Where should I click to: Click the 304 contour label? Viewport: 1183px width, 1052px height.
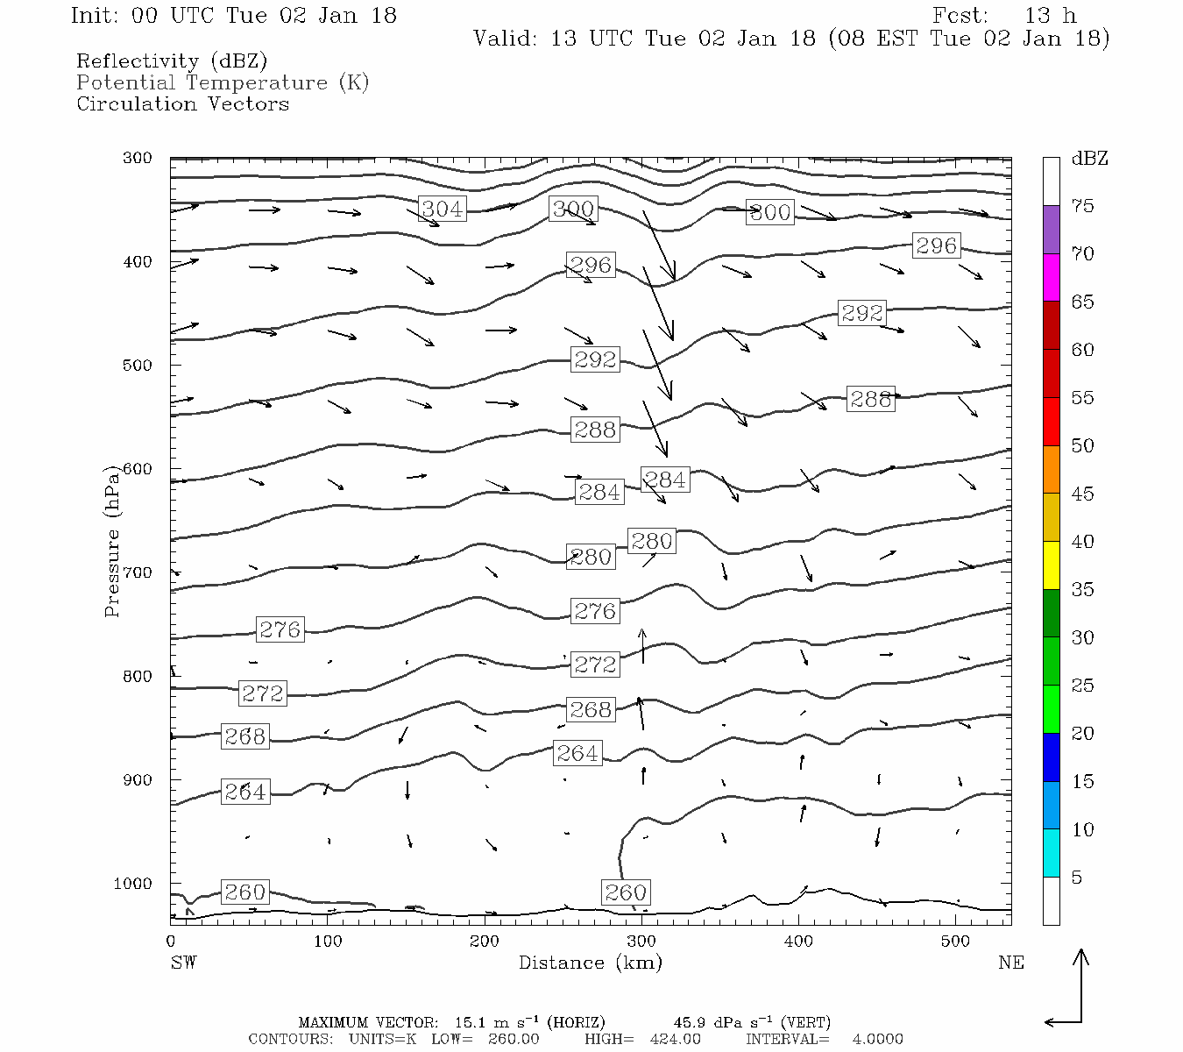tap(442, 209)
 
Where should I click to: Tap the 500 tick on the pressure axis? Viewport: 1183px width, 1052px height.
tap(138, 365)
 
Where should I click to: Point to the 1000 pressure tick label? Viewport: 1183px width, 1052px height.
tap(132, 884)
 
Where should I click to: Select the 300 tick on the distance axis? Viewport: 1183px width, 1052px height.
tap(641, 942)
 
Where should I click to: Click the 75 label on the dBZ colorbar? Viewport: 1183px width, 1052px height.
tap(1083, 206)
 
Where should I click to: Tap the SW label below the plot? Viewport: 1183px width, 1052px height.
tap(183, 963)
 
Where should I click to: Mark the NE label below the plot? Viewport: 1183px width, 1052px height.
tap(1010, 963)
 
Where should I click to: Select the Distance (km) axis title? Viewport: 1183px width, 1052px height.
tap(590, 963)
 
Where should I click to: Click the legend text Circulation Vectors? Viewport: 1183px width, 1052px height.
tap(182, 103)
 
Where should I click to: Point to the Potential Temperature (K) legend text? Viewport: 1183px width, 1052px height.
tap(223, 82)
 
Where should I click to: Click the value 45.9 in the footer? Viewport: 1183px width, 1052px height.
tap(691, 1022)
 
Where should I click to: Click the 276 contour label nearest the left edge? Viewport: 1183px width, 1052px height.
tap(280, 629)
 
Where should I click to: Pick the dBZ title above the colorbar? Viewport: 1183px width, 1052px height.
tap(1089, 159)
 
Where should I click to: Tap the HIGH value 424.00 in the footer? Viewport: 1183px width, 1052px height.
tap(675, 1039)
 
